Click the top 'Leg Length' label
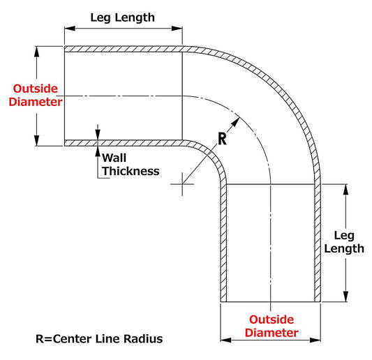tap(122, 17)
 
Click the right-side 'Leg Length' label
tap(344, 242)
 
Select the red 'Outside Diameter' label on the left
tap(36, 96)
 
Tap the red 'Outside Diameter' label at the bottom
tap(271, 326)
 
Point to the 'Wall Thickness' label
tap(131, 165)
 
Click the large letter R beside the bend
tap(222, 139)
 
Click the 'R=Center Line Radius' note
tap(99, 338)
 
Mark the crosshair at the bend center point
tap(182, 184)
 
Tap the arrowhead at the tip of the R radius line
tap(236, 122)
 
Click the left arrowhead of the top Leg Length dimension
tap(70, 29)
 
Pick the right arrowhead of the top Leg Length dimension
tap(177, 29)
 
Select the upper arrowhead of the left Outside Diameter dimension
tap(36, 52)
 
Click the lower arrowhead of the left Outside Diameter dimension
tap(36, 141)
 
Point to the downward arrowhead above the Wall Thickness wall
tap(98, 135)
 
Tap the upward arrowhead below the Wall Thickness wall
tap(98, 151)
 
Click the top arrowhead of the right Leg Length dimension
tap(346, 190)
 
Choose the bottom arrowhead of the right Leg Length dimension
tap(346, 297)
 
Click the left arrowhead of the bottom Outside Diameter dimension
tap(226, 340)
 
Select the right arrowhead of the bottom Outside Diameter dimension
tap(315, 340)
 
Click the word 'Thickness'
tap(131, 171)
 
